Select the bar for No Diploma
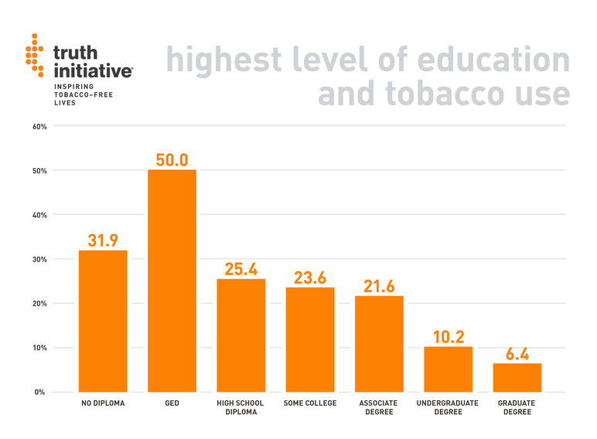[x=103, y=321]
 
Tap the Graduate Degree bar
[x=517, y=377]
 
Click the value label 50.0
[x=172, y=159]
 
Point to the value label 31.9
[x=103, y=240]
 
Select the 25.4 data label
[x=241, y=269]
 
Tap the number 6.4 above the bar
[x=517, y=354]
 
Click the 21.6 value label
[x=379, y=286]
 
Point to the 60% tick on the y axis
[x=39, y=126]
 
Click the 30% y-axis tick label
[x=39, y=259]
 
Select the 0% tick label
[x=39, y=392]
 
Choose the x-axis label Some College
[x=310, y=403]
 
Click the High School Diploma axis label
[x=241, y=407]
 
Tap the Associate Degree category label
[x=379, y=407]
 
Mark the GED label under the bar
[x=172, y=403]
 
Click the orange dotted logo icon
[x=35, y=54]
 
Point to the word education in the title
[x=486, y=60]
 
